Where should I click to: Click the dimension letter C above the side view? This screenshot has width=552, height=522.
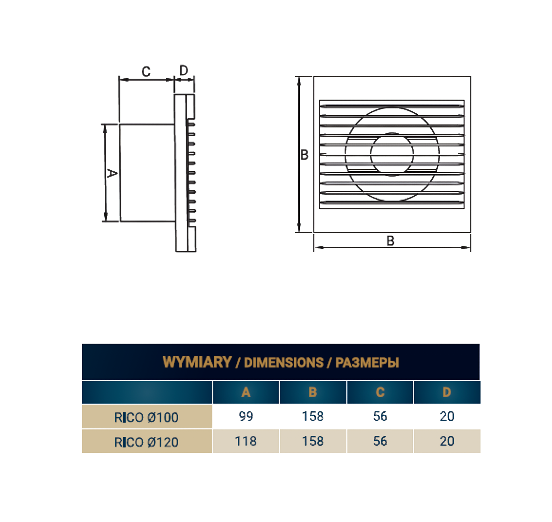tap(146, 71)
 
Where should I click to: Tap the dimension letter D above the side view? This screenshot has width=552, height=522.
tap(184, 70)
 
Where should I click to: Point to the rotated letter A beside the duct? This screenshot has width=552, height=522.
tap(112, 173)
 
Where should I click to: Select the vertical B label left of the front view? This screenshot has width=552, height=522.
tap(304, 155)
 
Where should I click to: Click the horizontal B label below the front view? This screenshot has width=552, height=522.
tap(391, 241)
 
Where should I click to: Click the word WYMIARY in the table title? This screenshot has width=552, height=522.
tap(197, 362)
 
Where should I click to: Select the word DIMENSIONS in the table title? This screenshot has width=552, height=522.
tap(284, 363)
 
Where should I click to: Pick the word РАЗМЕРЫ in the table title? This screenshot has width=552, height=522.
tap(367, 363)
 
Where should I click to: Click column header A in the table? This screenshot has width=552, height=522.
tap(246, 392)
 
